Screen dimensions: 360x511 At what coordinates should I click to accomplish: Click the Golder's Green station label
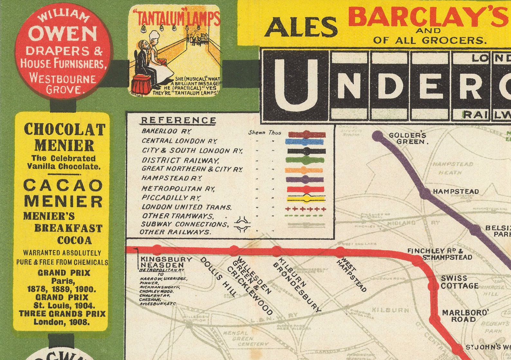tap(408, 138)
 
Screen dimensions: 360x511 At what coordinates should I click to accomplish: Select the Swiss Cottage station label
tap(459, 282)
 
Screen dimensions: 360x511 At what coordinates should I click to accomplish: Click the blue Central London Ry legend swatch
tap(304, 142)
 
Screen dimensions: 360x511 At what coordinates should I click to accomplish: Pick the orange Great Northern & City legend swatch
tap(304, 170)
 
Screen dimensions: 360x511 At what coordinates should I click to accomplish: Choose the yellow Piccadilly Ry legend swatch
tap(306, 198)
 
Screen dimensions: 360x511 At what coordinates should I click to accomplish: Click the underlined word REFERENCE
tap(179, 120)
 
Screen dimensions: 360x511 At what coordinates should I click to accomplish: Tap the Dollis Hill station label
tap(218, 276)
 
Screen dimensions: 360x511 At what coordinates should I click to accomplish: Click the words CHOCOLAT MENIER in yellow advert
tap(64, 137)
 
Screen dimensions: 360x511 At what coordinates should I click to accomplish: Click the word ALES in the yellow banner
tap(301, 27)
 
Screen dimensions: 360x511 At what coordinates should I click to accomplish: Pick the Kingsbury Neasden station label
tap(166, 262)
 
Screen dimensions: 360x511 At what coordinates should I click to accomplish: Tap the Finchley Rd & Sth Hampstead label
tap(440, 254)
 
